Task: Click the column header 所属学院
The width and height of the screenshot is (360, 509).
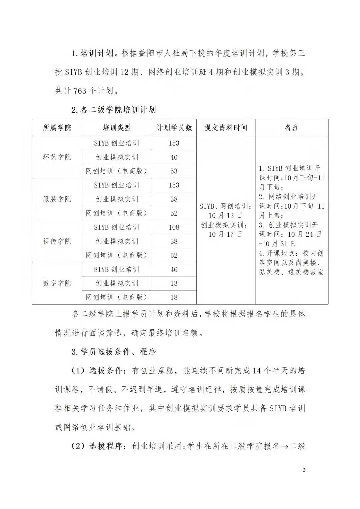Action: click(x=57, y=128)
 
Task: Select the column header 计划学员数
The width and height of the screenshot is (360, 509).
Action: click(x=174, y=128)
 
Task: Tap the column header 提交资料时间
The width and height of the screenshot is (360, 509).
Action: click(x=226, y=128)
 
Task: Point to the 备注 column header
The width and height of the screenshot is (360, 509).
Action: click(x=292, y=128)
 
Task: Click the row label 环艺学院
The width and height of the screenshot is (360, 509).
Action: click(x=57, y=157)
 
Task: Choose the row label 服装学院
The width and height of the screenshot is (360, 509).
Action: click(x=57, y=199)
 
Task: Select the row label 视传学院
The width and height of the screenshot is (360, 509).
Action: click(x=57, y=241)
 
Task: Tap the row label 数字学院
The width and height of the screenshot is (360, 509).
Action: click(x=57, y=283)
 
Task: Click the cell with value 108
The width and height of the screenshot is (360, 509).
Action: click(x=174, y=227)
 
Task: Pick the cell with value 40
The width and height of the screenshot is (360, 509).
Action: click(x=174, y=157)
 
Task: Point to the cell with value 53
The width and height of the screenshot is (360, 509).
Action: click(x=174, y=171)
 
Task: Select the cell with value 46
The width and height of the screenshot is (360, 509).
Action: click(x=174, y=269)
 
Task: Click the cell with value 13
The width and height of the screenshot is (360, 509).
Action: click(x=174, y=283)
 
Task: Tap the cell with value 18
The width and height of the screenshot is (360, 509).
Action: click(x=174, y=297)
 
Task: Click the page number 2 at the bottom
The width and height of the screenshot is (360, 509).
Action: click(x=304, y=470)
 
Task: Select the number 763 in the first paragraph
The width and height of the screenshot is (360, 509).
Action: click(x=80, y=91)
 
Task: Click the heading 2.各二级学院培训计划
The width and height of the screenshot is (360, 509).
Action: click(x=114, y=110)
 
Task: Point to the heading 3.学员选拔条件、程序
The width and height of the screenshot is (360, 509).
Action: click(x=114, y=351)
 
